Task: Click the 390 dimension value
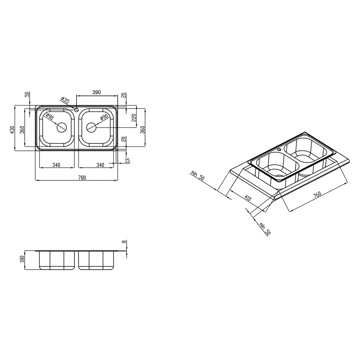pyautogui.click(x=96, y=92)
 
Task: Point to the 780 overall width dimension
pyautogui.click(x=76, y=177)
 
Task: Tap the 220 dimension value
pyautogui.click(x=134, y=118)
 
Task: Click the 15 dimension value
pyautogui.click(x=128, y=160)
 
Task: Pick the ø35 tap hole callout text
pyautogui.click(x=65, y=101)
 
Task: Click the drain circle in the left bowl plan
pyautogui.click(x=62, y=128)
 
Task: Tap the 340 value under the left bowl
pyautogui.click(x=56, y=164)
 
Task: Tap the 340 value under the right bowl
pyautogui.click(x=100, y=164)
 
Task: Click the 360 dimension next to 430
pyautogui.click(x=23, y=130)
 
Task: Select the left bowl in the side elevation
pyautogui.click(x=56, y=260)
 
